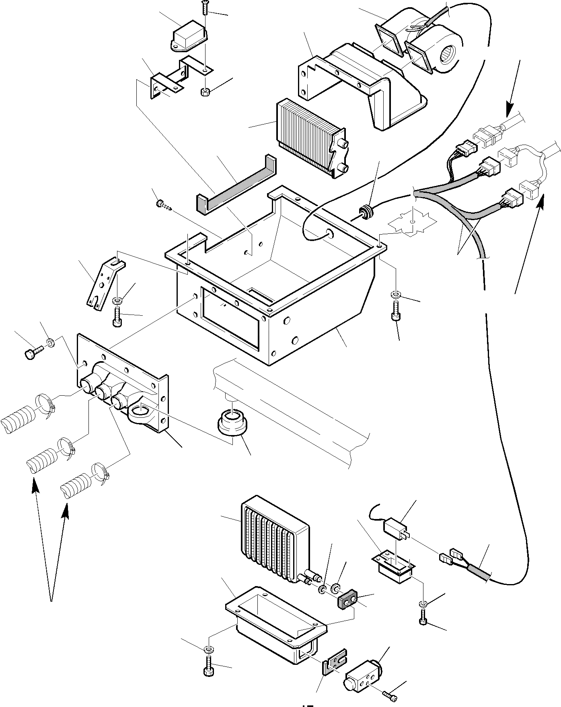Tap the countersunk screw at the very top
tap(205, 8)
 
